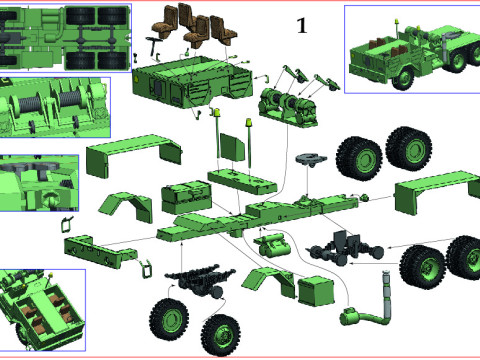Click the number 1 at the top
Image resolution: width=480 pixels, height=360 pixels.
[x=301, y=27]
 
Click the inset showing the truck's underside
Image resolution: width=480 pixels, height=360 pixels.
[x=66, y=37]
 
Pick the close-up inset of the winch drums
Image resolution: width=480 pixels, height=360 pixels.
[x=56, y=107]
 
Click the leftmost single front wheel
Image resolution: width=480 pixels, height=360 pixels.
[x=168, y=319]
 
